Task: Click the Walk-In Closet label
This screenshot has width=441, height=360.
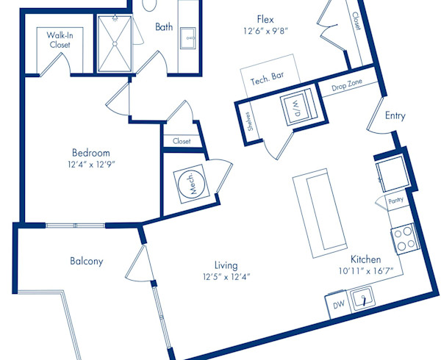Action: tap(60, 40)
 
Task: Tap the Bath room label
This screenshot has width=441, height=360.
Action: tap(164, 27)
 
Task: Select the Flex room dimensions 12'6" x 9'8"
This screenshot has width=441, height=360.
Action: tap(266, 31)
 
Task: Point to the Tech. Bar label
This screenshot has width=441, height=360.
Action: tap(267, 79)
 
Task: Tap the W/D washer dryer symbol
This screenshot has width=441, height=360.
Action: tap(299, 107)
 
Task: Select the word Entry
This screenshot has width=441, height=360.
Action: tap(395, 115)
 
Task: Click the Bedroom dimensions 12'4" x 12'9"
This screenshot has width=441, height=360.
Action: tap(92, 164)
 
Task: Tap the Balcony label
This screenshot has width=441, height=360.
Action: tap(87, 261)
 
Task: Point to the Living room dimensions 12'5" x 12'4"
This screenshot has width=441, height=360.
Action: tap(226, 277)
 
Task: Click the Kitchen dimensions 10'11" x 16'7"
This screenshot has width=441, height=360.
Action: tap(366, 271)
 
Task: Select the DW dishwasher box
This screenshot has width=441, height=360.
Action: tap(338, 306)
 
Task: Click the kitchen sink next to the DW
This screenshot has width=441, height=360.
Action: tap(363, 299)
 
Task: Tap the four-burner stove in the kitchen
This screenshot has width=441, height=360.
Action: tap(405, 239)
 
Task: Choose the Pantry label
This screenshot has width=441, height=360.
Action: tap(395, 201)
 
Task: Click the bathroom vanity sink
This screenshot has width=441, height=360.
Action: tap(187, 38)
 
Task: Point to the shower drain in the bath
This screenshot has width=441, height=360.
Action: tap(115, 44)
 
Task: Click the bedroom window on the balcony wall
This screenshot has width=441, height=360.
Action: tap(75, 226)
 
